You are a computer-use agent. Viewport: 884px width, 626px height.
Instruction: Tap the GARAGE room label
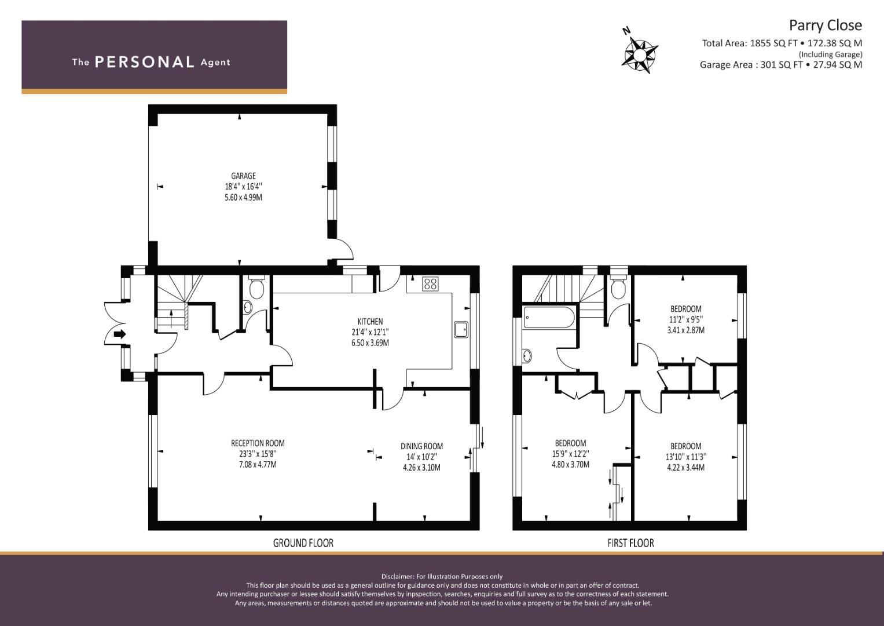243,176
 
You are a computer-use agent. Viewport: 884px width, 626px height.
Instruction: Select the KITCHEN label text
370,321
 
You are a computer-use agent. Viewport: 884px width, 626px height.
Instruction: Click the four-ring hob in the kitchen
430,284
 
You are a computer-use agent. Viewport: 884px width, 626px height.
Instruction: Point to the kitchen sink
461,329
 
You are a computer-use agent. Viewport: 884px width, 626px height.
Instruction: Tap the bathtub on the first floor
549,318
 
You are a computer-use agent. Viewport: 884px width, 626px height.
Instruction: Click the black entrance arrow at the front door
120,334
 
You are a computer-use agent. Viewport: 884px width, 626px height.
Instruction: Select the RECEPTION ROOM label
258,443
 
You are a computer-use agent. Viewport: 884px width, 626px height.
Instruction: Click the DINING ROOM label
421,446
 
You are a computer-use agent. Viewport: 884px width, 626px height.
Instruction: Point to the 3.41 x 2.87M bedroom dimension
686,330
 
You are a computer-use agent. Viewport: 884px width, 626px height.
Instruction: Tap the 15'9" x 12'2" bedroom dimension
570,454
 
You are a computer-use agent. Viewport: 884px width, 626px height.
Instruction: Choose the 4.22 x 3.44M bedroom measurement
686,468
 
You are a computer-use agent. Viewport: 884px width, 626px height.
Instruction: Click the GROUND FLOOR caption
303,543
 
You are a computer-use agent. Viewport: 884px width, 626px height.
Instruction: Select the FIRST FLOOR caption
630,543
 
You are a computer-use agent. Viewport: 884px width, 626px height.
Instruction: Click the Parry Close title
826,26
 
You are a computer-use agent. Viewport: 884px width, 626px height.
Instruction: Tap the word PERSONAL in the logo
145,62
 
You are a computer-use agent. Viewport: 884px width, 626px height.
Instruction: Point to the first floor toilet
618,286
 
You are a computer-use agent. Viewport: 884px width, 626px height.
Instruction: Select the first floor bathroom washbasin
527,356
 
